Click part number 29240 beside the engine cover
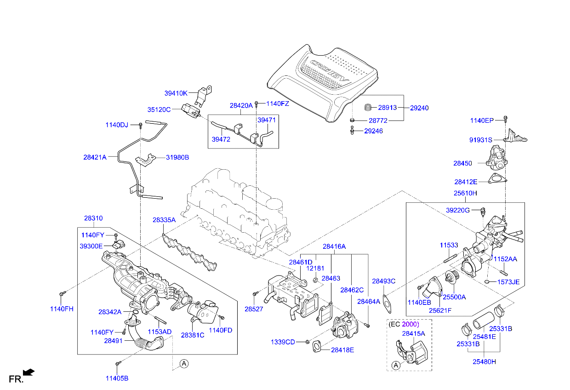419,108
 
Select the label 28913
388,108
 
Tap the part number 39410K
176,93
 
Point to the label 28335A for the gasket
164,220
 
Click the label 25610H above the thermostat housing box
465,193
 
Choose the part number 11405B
117,378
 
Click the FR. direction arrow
28,372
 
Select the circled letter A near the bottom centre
184,364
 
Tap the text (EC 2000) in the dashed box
404,324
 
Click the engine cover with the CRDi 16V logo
322,83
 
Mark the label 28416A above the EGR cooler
334,247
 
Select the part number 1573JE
508,282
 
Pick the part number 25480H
484,361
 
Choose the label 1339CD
283,342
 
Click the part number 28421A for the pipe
95,157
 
